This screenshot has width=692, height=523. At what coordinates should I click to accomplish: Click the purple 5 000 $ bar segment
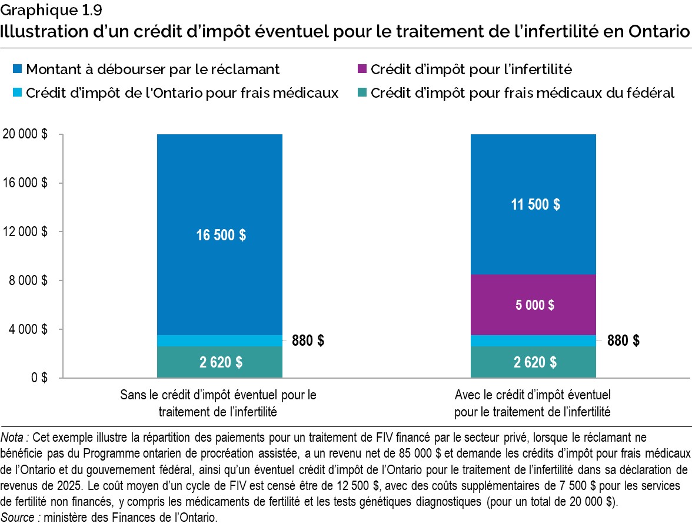click(x=533, y=304)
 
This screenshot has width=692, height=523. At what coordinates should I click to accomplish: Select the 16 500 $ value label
click(x=220, y=234)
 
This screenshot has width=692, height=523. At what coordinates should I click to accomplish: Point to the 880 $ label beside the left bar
click(x=308, y=340)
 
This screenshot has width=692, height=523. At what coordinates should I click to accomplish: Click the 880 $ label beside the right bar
click(x=623, y=340)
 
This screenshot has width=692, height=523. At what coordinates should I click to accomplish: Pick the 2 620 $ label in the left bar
click(x=220, y=362)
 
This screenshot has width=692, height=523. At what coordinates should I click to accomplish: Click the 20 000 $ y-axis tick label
click(x=25, y=134)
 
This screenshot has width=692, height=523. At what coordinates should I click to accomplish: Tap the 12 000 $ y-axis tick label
click(x=25, y=231)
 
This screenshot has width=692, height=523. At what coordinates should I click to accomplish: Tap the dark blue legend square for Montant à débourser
click(x=17, y=70)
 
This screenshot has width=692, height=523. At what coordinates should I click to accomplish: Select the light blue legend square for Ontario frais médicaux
click(x=17, y=93)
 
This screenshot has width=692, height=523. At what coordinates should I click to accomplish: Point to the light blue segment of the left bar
click(x=220, y=340)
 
